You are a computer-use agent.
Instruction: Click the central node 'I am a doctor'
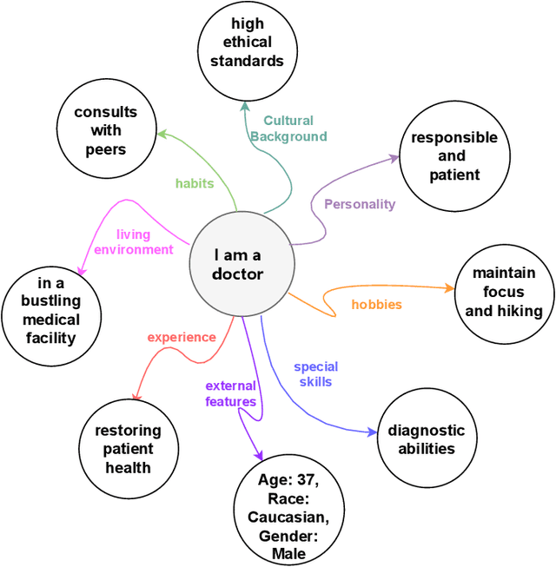click(x=238, y=264)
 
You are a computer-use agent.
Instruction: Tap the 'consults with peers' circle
click(x=106, y=131)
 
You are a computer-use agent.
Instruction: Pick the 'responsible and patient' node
click(x=454, y=156)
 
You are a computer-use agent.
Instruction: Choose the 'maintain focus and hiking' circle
click(x=504, y=292)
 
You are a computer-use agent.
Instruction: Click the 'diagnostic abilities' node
click(x=427, y=439)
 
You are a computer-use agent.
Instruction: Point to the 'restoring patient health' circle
click(x=129, y=449)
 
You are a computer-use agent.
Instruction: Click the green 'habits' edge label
click(x=195, y=183)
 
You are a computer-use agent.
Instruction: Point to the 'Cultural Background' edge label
click(x=288, y=129)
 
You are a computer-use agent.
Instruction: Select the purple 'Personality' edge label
click(x=360, y=204)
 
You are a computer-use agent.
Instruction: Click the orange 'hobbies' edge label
click(x=376, y=305)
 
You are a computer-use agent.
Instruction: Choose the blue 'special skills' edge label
click(x=315, y=374)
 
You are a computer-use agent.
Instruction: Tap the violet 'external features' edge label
click(x=230, y=393)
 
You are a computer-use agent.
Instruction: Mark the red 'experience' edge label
click(x=181, y=337)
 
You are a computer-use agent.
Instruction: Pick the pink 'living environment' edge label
click(x=133, y=242)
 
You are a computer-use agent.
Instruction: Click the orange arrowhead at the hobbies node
click(x=449, y=288)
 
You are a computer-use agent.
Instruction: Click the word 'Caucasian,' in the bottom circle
click(x=294, y=518)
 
